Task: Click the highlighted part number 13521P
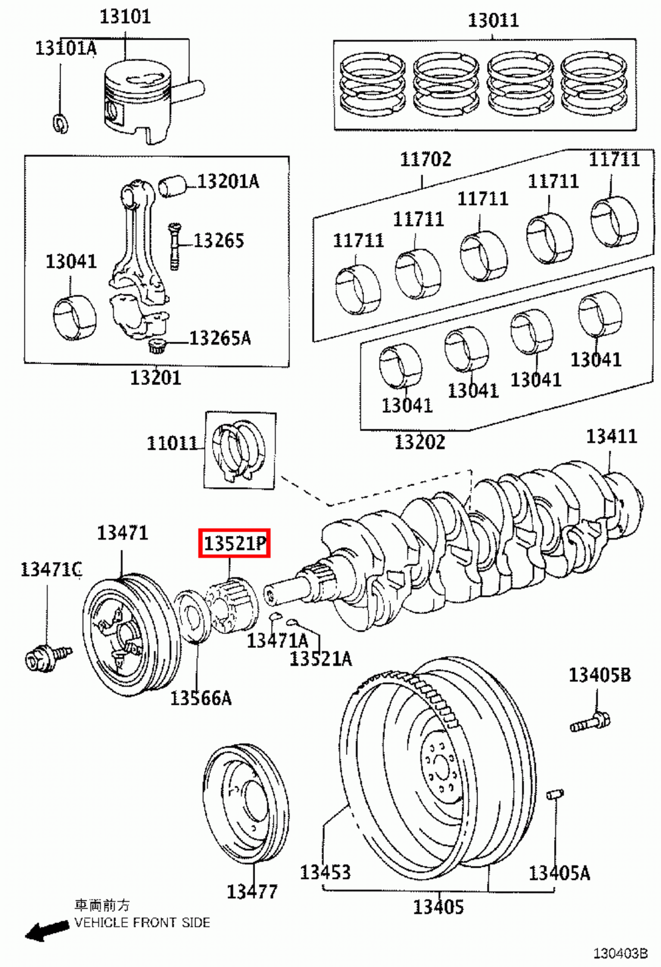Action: (x=234, y=543)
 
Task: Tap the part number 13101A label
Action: (x=65, y=48)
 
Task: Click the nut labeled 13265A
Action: (x=157, y=346)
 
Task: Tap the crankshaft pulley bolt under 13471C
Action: (x=47, y=657)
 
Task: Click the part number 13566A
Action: (x=201, y=697)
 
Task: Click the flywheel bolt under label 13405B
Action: (x=590, y=721)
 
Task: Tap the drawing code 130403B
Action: (x=620, y=953)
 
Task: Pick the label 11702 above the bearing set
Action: (x=425, y=159)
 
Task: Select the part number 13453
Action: (x=325, y=872)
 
